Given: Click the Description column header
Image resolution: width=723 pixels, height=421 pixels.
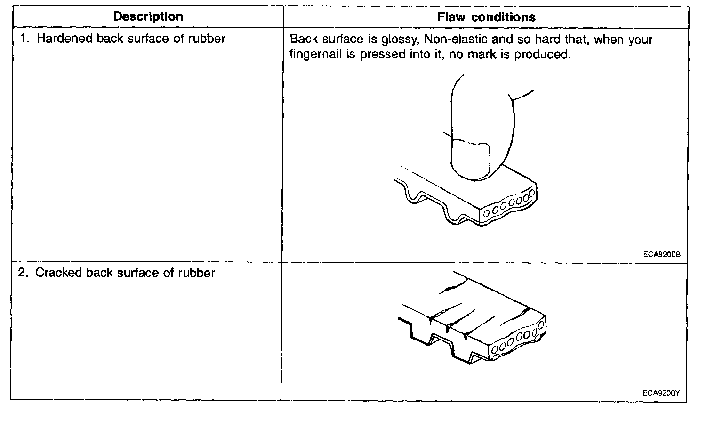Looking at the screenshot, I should [148, 17].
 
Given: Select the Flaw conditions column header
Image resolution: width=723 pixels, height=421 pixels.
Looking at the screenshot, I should [486, 17].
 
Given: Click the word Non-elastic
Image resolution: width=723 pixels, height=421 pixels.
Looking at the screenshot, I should [457, 39].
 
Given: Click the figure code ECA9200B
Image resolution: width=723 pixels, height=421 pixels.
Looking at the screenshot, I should [661, 254].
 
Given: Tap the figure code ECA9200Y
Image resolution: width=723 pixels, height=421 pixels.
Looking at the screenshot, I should [661, 392].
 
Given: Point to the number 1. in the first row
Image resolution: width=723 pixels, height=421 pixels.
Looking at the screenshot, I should [25, 39].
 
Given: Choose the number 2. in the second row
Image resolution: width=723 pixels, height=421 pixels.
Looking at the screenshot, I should [24, 273].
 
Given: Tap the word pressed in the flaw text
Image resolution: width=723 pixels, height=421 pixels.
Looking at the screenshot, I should [381, 55].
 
